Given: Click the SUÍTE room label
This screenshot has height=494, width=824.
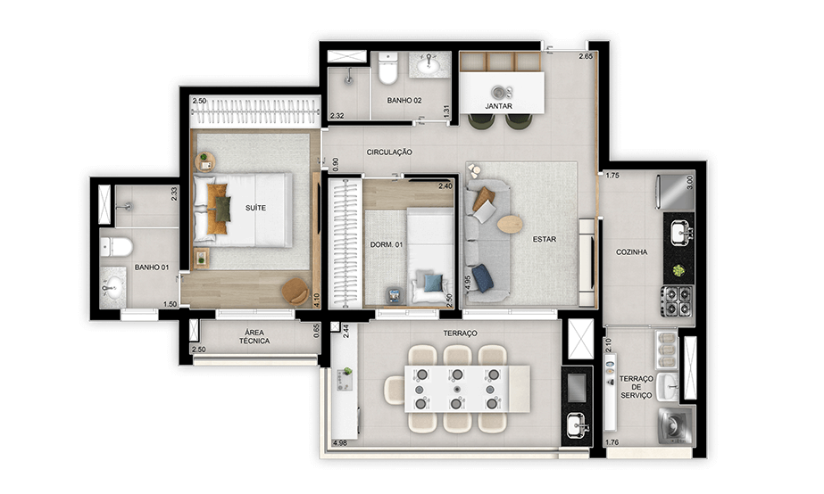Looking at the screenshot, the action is pos(255,208).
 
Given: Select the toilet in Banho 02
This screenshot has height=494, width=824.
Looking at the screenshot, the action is pos(387,69).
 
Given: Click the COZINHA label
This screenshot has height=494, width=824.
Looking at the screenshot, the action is pos(631,252).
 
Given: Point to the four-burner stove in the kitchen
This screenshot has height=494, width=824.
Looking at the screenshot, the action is pos(678,301).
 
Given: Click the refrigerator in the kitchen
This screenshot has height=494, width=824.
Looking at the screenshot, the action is pos(675,191).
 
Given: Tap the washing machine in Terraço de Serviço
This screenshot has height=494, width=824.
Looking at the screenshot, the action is pos(674,424).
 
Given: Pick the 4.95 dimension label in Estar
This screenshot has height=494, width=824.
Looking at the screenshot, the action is pos(468,283).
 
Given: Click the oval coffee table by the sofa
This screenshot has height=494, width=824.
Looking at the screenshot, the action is pos(510,224).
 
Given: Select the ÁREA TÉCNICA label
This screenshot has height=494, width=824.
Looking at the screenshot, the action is pos(254,336).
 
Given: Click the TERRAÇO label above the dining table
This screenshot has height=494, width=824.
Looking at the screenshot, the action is pos(460,333).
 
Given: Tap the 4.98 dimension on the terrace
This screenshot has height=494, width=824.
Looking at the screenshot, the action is pos(340,442).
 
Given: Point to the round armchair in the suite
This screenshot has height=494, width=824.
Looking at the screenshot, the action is pos(295,292).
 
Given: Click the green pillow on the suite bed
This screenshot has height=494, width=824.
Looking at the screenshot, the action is pos(222,209).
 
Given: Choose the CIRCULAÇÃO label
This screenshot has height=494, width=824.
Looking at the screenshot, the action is pos(389,152).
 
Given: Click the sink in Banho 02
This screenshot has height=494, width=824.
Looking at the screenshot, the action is pos(430,64).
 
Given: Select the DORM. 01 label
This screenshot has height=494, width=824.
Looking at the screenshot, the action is pos(387,244).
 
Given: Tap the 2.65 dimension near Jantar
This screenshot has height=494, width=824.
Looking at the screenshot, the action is pos(586,56).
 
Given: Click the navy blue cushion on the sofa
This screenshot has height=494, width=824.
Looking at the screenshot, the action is pos(482,277).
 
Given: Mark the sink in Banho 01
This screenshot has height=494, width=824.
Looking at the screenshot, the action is pos(113,288).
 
